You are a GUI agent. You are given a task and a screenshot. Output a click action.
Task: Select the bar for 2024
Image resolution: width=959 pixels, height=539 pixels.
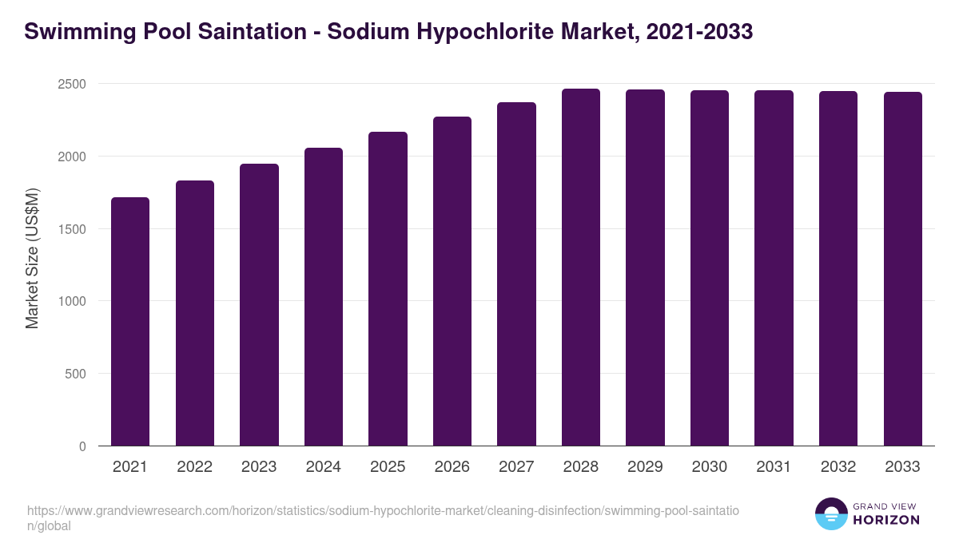pos(324,296)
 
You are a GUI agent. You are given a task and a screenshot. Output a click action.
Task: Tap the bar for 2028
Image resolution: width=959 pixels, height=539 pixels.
pos(581,267)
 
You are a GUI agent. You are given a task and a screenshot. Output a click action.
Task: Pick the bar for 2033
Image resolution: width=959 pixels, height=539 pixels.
pos(902,268)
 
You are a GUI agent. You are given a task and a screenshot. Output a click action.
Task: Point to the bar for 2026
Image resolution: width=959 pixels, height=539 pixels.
pos(452,281)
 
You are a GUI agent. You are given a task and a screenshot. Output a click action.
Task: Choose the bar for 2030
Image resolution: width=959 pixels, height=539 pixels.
pos(710,268)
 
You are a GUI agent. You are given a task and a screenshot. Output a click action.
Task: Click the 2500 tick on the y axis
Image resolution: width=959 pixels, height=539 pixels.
pos(72,84)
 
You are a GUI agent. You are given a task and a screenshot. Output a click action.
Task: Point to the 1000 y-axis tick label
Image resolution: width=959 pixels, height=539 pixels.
pos(72,301)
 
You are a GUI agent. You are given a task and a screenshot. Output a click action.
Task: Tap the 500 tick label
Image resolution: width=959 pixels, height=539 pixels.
pos(76,374)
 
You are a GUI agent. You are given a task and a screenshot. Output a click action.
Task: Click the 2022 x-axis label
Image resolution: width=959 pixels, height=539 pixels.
pos(194,467)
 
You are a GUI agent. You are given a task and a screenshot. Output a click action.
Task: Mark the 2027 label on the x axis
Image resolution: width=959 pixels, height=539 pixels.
pos(516,467)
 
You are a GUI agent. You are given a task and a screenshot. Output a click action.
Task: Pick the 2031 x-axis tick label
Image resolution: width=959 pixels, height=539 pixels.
pos(774,467)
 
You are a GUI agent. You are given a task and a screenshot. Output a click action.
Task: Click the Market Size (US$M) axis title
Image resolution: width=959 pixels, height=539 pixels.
pos(32,258)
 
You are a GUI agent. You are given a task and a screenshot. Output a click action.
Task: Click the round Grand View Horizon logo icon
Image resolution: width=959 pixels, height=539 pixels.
pos(831,513)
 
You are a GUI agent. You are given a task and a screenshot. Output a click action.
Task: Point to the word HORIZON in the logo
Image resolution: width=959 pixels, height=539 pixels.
pos(887,520)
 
